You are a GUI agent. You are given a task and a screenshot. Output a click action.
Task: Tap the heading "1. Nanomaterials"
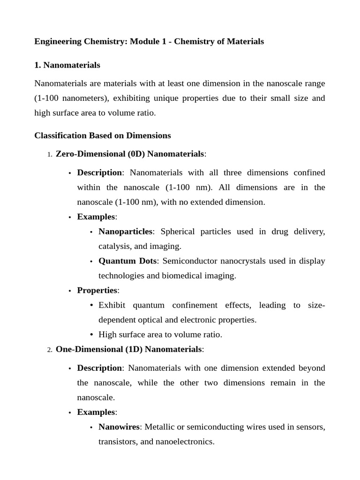pos(67,65)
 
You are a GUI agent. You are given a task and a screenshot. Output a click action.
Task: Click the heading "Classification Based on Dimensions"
pos(102,135)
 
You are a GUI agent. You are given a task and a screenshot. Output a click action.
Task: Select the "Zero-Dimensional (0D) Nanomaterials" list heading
pos(130,154)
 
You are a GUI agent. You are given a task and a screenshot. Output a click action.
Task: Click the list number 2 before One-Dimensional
pos(49,350)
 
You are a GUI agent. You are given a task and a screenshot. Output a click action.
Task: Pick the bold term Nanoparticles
pos(125,232)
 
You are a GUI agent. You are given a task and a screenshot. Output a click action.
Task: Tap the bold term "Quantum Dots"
pos(127,261)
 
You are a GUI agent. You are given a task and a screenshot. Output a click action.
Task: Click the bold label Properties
pos(97,291)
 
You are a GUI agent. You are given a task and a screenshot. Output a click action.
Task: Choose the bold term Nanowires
pos(119,427)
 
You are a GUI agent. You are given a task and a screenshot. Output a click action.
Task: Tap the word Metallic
pos(159,427)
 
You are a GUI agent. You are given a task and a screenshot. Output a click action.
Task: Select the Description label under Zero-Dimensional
pos(99,173)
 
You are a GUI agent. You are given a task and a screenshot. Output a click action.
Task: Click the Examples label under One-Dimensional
pos(96,412)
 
